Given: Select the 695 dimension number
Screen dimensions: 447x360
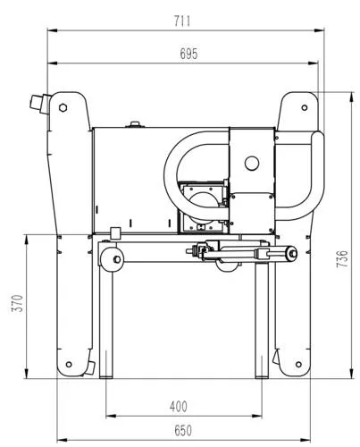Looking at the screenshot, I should coord(188,53).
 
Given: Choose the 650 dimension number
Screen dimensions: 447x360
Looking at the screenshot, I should coord(182,430).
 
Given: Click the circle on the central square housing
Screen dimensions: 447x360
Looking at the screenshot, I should coord(253,162).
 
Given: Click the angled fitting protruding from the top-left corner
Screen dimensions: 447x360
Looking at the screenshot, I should coord(38,104).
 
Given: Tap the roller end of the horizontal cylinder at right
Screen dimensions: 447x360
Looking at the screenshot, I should coord(289,256).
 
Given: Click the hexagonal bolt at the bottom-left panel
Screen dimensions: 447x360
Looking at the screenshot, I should coord(63,365).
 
